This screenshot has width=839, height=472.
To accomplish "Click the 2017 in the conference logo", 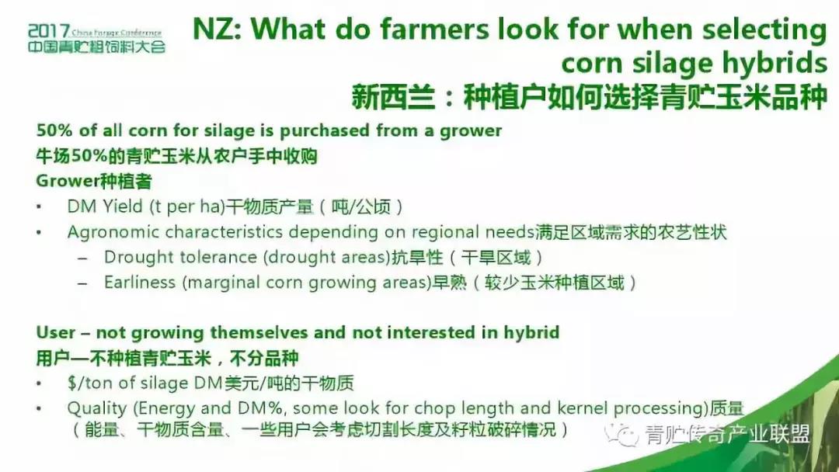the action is [x=49, y=31].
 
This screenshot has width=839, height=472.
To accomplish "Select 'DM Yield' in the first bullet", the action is [x=105, y=206].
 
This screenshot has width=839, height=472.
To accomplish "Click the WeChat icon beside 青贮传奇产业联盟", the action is [x=621, y=435].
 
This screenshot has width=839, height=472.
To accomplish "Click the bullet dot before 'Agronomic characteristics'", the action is [x=39, y=233].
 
